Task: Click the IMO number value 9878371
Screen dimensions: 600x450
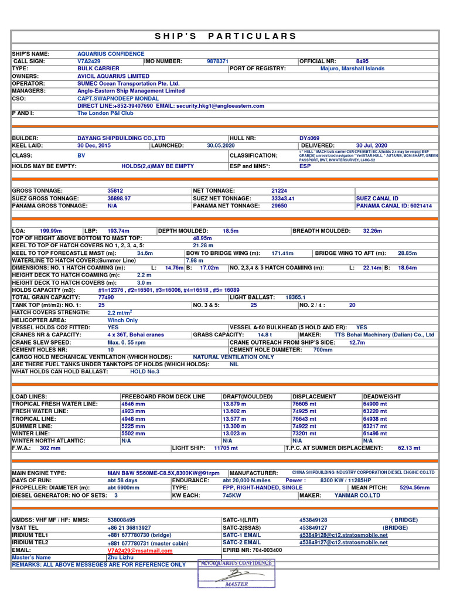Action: click(x=217, y=61)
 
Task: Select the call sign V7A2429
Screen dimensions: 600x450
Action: click(x=89, y=61)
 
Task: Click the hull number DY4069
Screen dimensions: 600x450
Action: click(x=309, y=138)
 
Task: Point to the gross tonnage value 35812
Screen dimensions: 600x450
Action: click(x=115, y=191)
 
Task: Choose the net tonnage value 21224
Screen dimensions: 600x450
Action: click(x=279, y=191)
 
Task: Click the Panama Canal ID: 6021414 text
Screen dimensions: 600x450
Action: click(x=394, y=206)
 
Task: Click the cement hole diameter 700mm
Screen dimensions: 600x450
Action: click(x=323, y=350)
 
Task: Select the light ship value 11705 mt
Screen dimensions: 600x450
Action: click(x=226, y=448)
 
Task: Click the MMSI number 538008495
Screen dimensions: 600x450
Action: click(x=121, y=520)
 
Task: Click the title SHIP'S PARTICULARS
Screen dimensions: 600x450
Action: click(x=226, y=36)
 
